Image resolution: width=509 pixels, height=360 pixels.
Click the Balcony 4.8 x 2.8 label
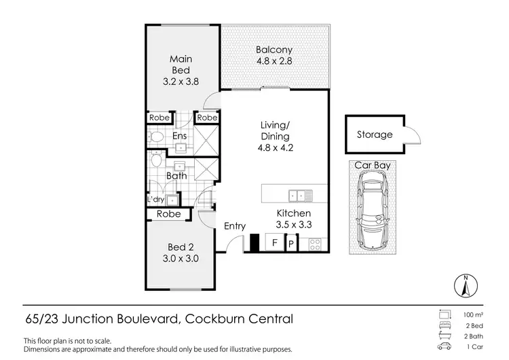tap(274, 56)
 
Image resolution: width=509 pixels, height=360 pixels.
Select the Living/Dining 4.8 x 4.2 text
tap(276, 136)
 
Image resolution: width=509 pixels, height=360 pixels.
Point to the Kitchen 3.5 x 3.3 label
tap(293, 218)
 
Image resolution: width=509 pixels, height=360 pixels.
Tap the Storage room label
tap(375, 134)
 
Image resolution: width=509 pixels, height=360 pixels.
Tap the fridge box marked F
tap(274, 242)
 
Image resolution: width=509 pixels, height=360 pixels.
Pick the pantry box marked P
tap(291, 243)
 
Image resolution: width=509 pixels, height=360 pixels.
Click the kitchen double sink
tap(300, 196)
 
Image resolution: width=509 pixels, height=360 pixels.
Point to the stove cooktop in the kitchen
tap(315, 243)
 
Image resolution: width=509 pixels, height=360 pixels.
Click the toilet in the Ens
tap(156, 137)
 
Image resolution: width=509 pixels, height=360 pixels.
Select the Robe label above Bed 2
tap(169, 214)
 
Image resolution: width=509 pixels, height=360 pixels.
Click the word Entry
tap(235, 227)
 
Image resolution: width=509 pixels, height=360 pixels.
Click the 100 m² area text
tap(472, 315)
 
